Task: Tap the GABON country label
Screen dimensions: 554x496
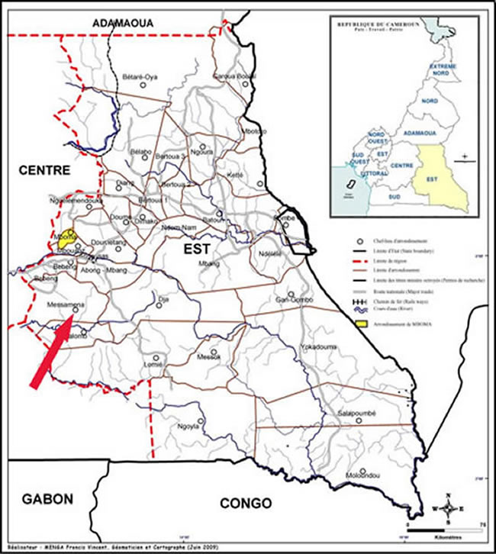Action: [x=48, y=499]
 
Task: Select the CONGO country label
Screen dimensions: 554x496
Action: [x=245, y=503]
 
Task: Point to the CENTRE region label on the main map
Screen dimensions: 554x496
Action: [x=44, y=169]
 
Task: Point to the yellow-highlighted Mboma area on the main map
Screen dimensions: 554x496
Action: [x=69, y=236]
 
